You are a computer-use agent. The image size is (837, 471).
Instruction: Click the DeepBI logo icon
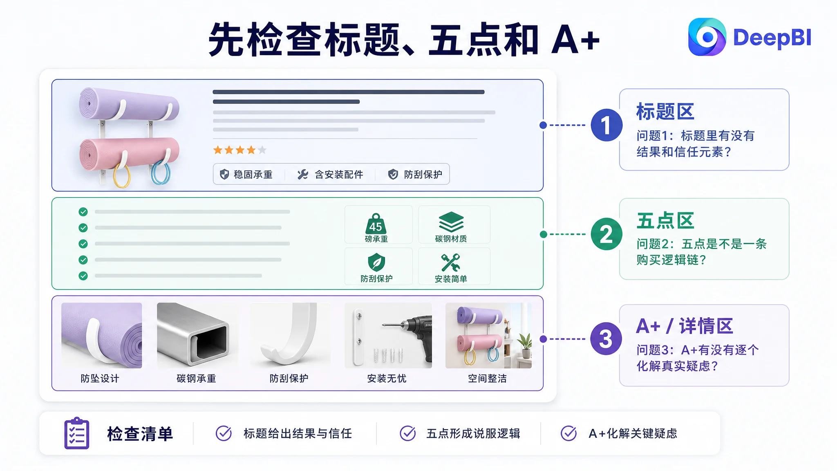coord(707,37)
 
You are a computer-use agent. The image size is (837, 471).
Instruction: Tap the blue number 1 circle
coord(606,125)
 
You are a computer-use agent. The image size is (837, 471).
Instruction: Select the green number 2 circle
coord(606,234)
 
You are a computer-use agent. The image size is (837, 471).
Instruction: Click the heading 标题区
coord(665,112)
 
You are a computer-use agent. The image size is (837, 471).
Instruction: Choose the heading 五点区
coord(665,221)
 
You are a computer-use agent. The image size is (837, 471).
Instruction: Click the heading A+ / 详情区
coord(685,326)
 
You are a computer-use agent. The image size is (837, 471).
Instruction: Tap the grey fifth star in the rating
coord(262,150)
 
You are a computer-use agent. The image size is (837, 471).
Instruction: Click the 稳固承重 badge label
coord(253,175)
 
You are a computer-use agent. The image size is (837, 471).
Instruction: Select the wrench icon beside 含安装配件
coord(303,175)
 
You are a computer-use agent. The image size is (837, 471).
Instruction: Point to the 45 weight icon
coord(376,223)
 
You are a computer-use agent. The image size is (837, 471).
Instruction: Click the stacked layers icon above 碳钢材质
coord(451,222)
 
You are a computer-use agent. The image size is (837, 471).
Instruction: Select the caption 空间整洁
coord(487,379)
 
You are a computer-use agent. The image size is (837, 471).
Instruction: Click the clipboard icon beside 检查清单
coord(77,433)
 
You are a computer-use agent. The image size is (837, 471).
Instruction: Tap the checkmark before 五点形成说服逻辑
coord(408,433)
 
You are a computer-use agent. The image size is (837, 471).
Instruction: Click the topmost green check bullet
coord(83,212)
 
